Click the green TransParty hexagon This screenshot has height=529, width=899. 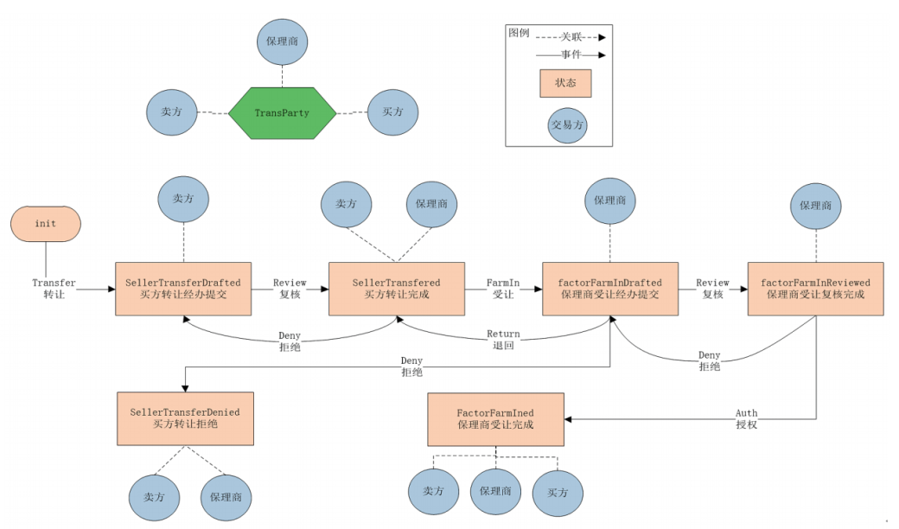click(x=282, y=112)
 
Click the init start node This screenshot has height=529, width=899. click(x=45, y=224)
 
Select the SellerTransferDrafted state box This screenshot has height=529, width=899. click(x=183, y=289)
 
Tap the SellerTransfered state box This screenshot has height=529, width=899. click(x=397, y=289)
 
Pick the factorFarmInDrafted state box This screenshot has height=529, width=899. click(x=610, y=289)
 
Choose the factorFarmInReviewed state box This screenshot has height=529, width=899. click(x=815, y=289)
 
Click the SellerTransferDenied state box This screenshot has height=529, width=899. click(x=185, y=418)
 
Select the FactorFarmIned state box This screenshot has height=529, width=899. click(x=495, y=419)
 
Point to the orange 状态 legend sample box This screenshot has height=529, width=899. click(x=566, y=83)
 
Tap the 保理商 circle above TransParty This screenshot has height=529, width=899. click(x=282, y=41)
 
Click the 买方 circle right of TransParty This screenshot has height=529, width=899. click(x=392, y=112)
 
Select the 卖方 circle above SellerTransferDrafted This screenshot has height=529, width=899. click(x=183, y=199)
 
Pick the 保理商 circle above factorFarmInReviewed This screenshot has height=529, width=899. click(x=815, y=207)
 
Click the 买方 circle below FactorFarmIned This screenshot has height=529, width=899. click(x=558, y=493)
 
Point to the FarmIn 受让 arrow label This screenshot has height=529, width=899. click(x=504, y=288)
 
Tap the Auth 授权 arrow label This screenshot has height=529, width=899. click(x=746, y=419)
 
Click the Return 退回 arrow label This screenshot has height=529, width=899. click(x=503, y=339)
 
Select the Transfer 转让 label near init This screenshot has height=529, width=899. click(x=54, y=288)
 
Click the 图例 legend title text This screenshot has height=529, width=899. click(x=519, y=33)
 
